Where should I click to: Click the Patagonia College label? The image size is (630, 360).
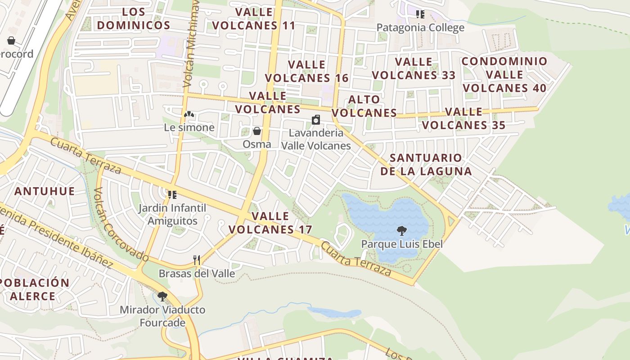[x=420, y=27]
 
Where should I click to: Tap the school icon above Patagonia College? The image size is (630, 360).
[x=420, y=14]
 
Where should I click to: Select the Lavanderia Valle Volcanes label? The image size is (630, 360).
[x=315, y=139]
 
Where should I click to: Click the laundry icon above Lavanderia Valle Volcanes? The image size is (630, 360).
[x=316, y=120]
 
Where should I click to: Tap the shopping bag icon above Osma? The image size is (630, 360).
[x=257, y=131]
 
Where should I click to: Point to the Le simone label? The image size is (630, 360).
[x=189, y=127]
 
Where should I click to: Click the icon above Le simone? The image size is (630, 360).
[x=189, y=115]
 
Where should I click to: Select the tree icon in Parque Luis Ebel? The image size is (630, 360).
[x=401, y=231]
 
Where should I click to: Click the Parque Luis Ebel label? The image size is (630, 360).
[x=402, y=244]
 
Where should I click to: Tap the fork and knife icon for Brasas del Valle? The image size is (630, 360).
[x=197, y=260]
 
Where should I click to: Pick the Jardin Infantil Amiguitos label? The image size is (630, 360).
[x=172, y=215]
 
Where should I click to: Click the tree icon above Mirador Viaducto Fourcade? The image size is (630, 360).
[x=162, y=297]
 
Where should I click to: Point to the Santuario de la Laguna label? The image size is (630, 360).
[x=426, y=164]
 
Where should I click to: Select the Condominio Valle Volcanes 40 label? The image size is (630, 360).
[x=504, y=74]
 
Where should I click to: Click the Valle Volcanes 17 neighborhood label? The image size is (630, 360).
[x=270, y=223]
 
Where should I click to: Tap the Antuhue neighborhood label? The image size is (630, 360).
[x=45, y=191]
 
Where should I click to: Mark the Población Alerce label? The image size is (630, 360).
[x=34, y=289]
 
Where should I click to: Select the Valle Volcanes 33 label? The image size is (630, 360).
[x=414, y=68]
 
